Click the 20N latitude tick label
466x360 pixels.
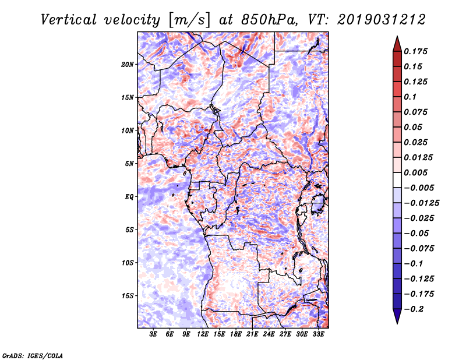click(128, 65)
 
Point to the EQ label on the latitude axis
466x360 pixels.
click(129, 197)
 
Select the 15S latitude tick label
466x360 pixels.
click(128, 296)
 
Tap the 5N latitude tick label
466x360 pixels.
click(129, 164)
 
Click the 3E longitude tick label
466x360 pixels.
click(153, 334)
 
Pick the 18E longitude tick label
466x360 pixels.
click(236, 334)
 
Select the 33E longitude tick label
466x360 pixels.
click(318, 334)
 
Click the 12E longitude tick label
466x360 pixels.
click(203, 334)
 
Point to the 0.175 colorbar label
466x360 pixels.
click(415, 51)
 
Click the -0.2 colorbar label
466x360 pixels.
click(414, 309)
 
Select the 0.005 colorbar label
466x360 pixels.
click(415, 172)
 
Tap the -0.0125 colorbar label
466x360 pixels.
click(421, 203)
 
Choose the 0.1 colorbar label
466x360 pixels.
click(410, 97)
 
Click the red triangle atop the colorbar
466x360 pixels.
click(397, 45)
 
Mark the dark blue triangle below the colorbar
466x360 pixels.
click(397, 316)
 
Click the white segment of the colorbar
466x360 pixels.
click(397, 180)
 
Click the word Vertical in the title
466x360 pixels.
click(69, 20)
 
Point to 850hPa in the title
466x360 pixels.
click(270, 20)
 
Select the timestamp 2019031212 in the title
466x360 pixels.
click(382, 20)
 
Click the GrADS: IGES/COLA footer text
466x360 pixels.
click(33, 355)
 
